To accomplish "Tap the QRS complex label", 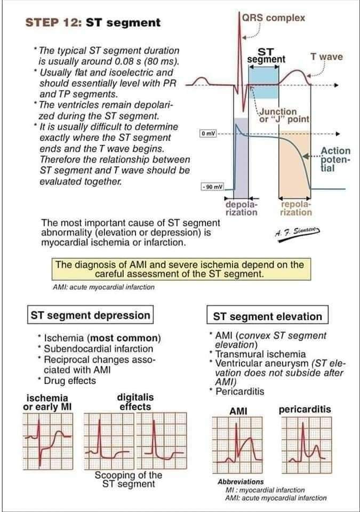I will (x=273, y=18).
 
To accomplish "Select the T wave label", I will (x=326, y=57).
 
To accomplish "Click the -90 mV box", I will (x=212, y=187).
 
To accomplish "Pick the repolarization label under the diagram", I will (x=296, y=209).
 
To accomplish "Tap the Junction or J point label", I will (x=283, y=115).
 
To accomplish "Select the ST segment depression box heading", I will (x=90, y=315).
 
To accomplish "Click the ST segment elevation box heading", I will (x=267, y=316).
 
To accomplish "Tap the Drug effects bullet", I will (x=69, y=381).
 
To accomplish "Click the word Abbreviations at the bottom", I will (x=241, y=482).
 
